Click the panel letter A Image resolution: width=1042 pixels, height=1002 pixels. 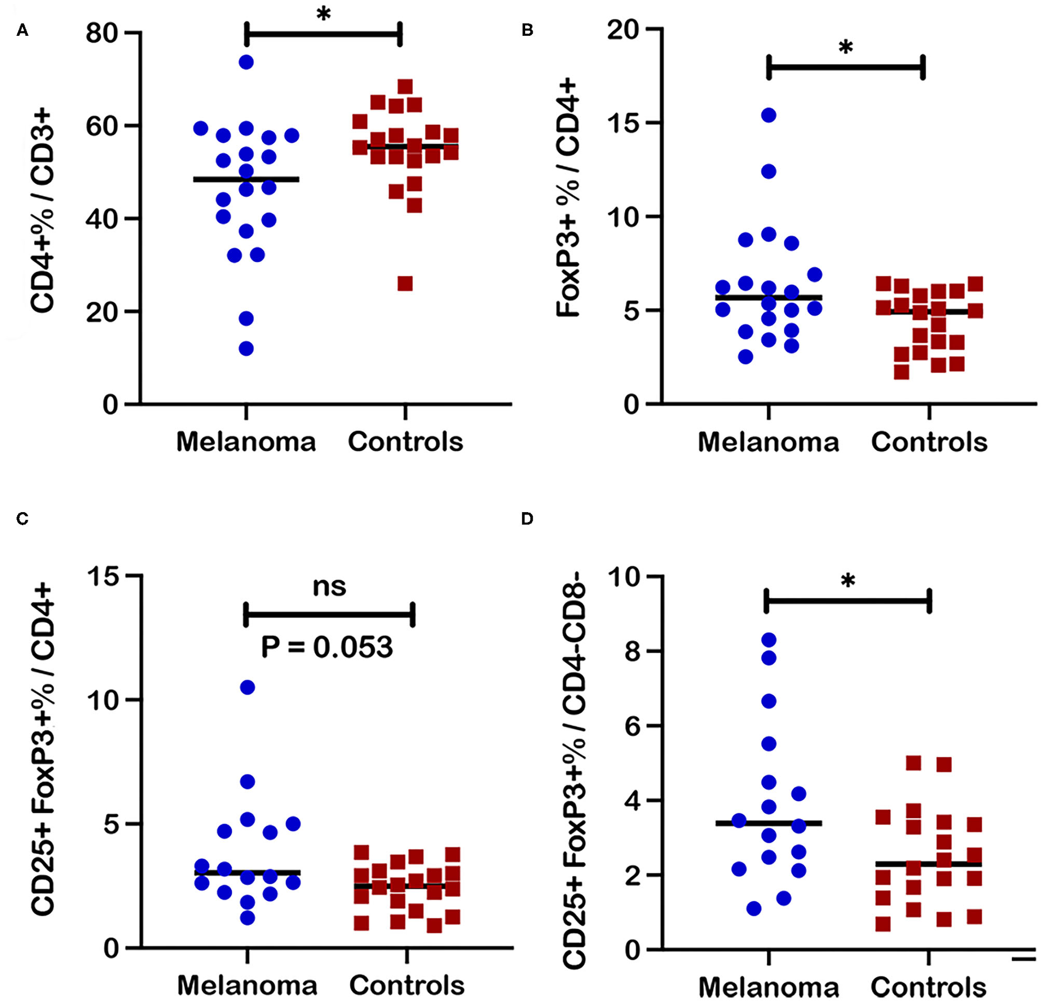[22, 31]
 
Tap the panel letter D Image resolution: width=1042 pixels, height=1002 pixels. [527, 519]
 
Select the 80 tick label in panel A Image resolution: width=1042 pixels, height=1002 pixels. [103, 33]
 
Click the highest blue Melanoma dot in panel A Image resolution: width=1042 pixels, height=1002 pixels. [246, 62]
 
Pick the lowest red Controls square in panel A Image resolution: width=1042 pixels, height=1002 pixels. [405, 284]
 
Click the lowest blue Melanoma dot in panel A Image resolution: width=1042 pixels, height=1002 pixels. [246, 349]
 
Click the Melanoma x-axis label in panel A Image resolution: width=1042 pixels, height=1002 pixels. [246, 442]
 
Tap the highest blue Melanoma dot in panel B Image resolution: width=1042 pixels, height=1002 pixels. [769, 115]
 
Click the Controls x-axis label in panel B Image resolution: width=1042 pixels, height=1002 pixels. [929, 442]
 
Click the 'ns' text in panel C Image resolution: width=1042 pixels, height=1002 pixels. [329, 586]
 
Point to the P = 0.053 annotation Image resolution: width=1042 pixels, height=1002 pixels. [327, 647]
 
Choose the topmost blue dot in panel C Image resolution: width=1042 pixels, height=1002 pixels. [248, 687]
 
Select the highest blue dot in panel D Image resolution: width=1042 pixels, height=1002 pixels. [769, 640]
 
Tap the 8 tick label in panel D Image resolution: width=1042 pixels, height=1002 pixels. [633, 652]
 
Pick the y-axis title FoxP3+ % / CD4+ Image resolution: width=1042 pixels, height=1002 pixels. [569, 200]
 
